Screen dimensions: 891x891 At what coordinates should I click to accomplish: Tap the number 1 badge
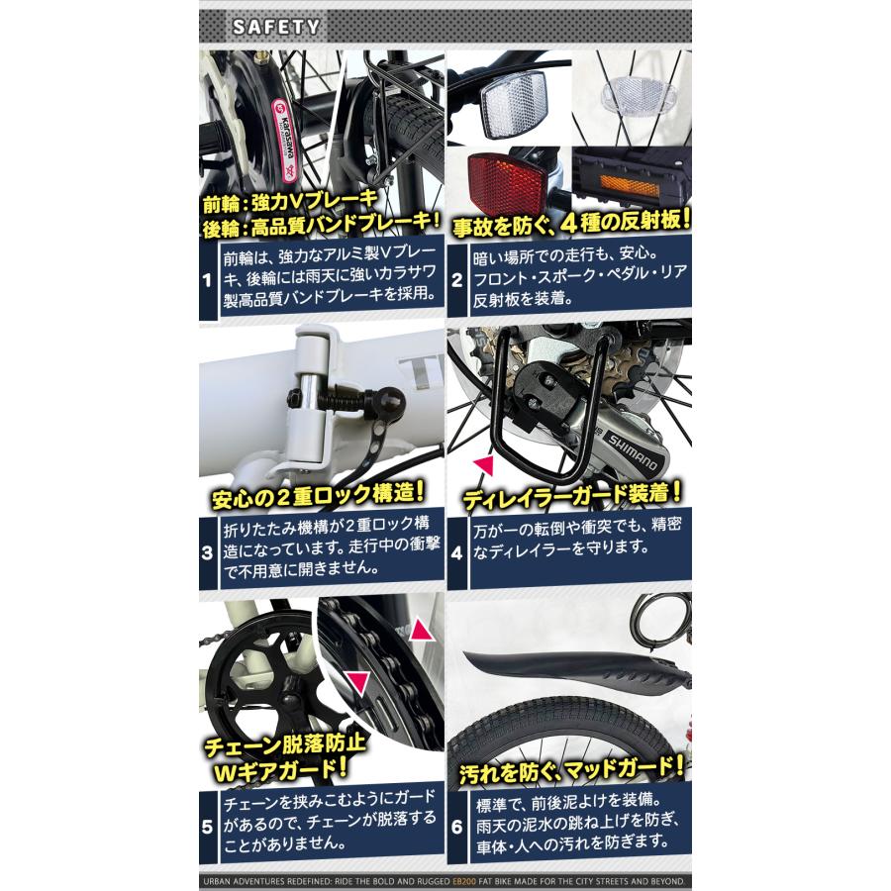[x=207, y=281]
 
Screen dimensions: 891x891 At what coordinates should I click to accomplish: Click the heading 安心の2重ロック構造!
[x=318, y=493]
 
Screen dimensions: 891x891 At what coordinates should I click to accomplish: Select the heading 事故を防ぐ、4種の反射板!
[x=570, y=222]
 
